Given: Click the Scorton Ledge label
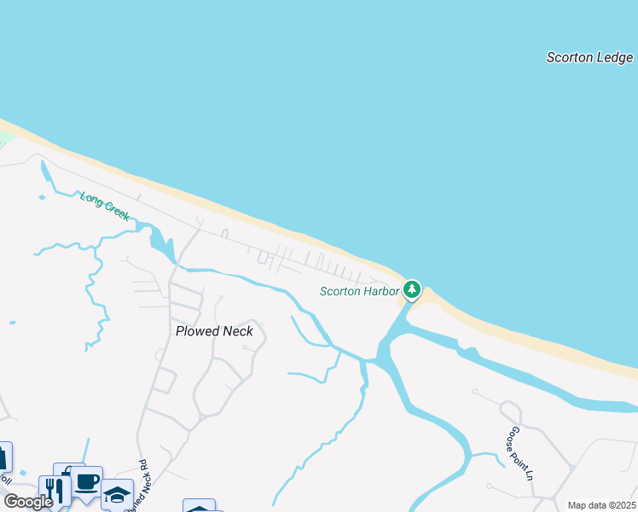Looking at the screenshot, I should pyautogui.click(x=590, y=58).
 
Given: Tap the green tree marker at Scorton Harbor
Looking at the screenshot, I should pyautogui.click(x=412, y=289).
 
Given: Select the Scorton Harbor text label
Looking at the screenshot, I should pyautogui.click(x=359, y=292).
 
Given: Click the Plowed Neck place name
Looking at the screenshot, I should pyautogui.click(x=214, y=331).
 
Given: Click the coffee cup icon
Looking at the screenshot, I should pyautogui.click(x=86, y=481).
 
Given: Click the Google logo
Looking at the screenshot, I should pyautogui.click(x=28, y=502).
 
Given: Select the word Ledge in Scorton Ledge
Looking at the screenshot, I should pyautogui.click(x=614, y=58).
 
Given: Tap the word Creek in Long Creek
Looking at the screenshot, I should pyautogui.click(x=116, y=212).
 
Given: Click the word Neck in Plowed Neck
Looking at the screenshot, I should pyautogui.click(x=236, y=331).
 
